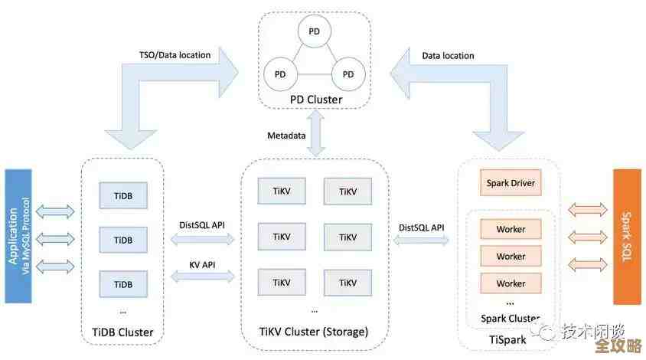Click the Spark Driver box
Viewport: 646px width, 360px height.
(x=510, y=183)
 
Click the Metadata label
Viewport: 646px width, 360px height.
(x=286, y=136)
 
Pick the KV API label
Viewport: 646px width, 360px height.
(x=202, y=263)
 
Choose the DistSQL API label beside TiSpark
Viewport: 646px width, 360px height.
(x=421, y=227)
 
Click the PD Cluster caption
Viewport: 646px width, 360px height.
(x=315, y=100)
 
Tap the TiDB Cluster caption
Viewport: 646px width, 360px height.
(x=122, y=332)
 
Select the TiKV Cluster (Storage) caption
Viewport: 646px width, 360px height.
(x=315, y=332)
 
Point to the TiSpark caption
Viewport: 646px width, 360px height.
(x=508, y=338)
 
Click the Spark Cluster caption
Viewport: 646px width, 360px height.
(x=510, y=319)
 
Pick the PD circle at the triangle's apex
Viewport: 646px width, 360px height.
(x=315, y=31)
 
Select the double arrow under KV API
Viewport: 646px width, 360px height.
(x=202, y=277)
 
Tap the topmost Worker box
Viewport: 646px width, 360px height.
(x=510, y=229)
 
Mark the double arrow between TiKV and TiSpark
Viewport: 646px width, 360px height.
(x=421, y=241)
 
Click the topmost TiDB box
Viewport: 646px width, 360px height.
(x=122, y=195)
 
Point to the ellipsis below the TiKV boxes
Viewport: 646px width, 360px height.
(x=315, y=310)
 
